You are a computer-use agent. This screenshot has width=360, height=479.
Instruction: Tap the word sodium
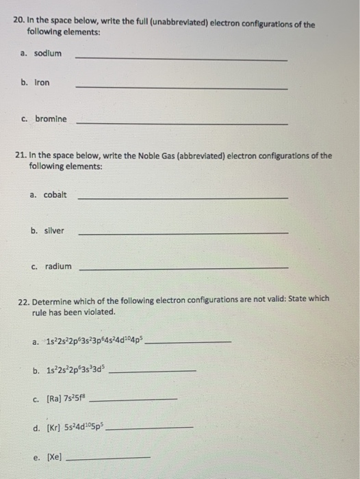tap(49, 53)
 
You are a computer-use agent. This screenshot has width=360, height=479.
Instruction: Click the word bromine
tap(51, 118)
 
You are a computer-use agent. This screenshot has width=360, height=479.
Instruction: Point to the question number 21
tap(21, 156)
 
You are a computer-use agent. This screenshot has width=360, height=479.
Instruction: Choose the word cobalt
tap(55, 194)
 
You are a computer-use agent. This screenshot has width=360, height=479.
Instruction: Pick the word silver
tap(53, 231)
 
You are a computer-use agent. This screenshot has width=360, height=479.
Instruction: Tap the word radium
tap(58, 267)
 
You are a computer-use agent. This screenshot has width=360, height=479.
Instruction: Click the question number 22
tap(22, 299)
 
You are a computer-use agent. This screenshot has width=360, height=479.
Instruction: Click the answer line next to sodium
tap(181, 60)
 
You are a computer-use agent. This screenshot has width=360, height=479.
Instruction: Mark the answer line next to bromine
tap(181, 124)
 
